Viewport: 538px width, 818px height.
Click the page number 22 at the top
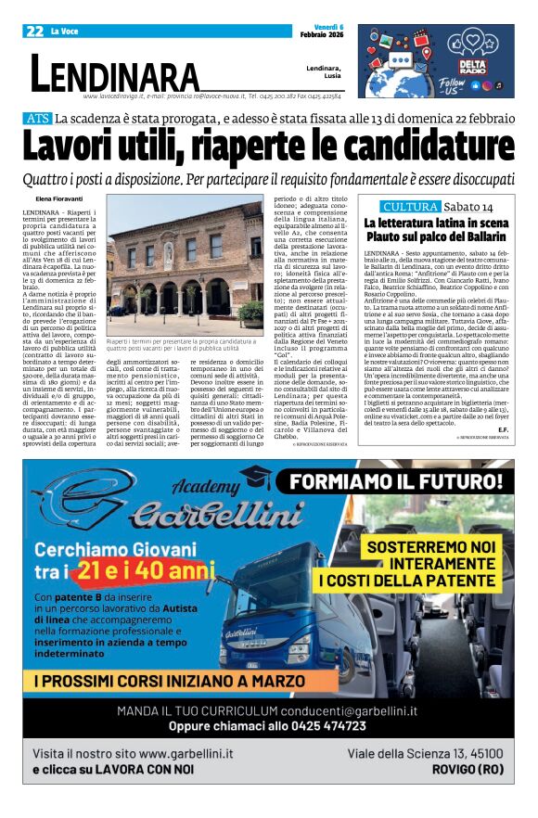[34, 31]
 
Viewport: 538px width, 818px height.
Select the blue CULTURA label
[411, 206]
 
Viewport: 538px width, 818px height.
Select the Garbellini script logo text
[168, 513]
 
